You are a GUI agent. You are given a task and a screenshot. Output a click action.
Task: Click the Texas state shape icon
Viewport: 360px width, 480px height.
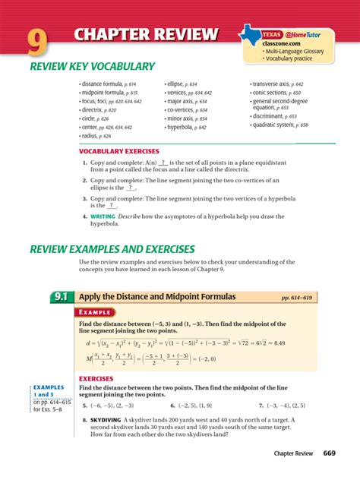click(x=248, y=32)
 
